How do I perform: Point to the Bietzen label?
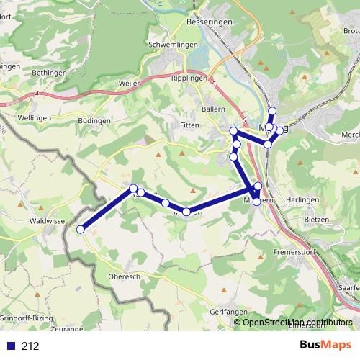[x=317, y=218]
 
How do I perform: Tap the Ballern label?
[x=214, y=109]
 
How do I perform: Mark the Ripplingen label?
[x=189, y=77]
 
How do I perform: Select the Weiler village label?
[x=130, y=84]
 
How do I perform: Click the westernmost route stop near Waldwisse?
[x=81, y=229]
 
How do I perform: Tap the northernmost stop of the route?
[x=272, y=110]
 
